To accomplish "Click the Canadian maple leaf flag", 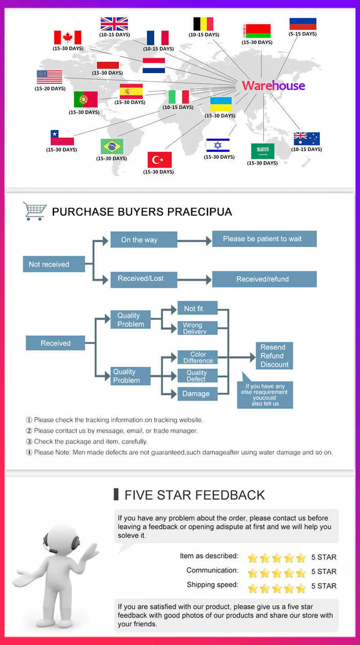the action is click(x=67, y=37).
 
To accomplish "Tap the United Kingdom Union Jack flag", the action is click(x=114, y=24).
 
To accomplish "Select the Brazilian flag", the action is click(x=112, y=147).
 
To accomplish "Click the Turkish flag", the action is click(x=159, y=160).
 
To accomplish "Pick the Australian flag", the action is click(x=306, y=139).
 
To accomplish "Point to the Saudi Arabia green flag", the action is click(x=262, y=151).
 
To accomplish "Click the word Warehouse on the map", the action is click(x=274, y=86).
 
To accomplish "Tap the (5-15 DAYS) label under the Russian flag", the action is click(x=302, y=34).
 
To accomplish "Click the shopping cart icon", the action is click(x=35, y=211).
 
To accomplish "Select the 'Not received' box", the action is click(x=54, y=264).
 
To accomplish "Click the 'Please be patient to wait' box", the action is click(x=264, y=239).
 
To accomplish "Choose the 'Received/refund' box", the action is click(x=264, y=279).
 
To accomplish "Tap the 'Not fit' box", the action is click(x=198, y=308).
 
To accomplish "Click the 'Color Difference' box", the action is click(x=198, y=357).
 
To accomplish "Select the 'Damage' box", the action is click(x=198, y=394).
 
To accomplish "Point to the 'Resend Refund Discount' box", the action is click(x=274, y=356).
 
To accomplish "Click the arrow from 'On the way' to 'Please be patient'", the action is click(x=194, y=241).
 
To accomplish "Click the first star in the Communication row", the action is click(x=252, y=573).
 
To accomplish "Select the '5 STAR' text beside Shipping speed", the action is click(x=324, y=586).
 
